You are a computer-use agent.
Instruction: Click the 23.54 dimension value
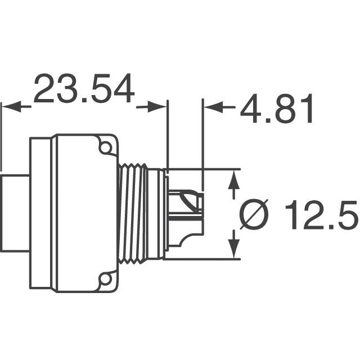pyautogui.click(x=84, y=89)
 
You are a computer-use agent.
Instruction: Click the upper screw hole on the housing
pyautogui.click(x=105, y=147)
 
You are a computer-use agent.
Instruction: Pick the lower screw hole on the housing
pyautogui.click(x=105, y=277)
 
